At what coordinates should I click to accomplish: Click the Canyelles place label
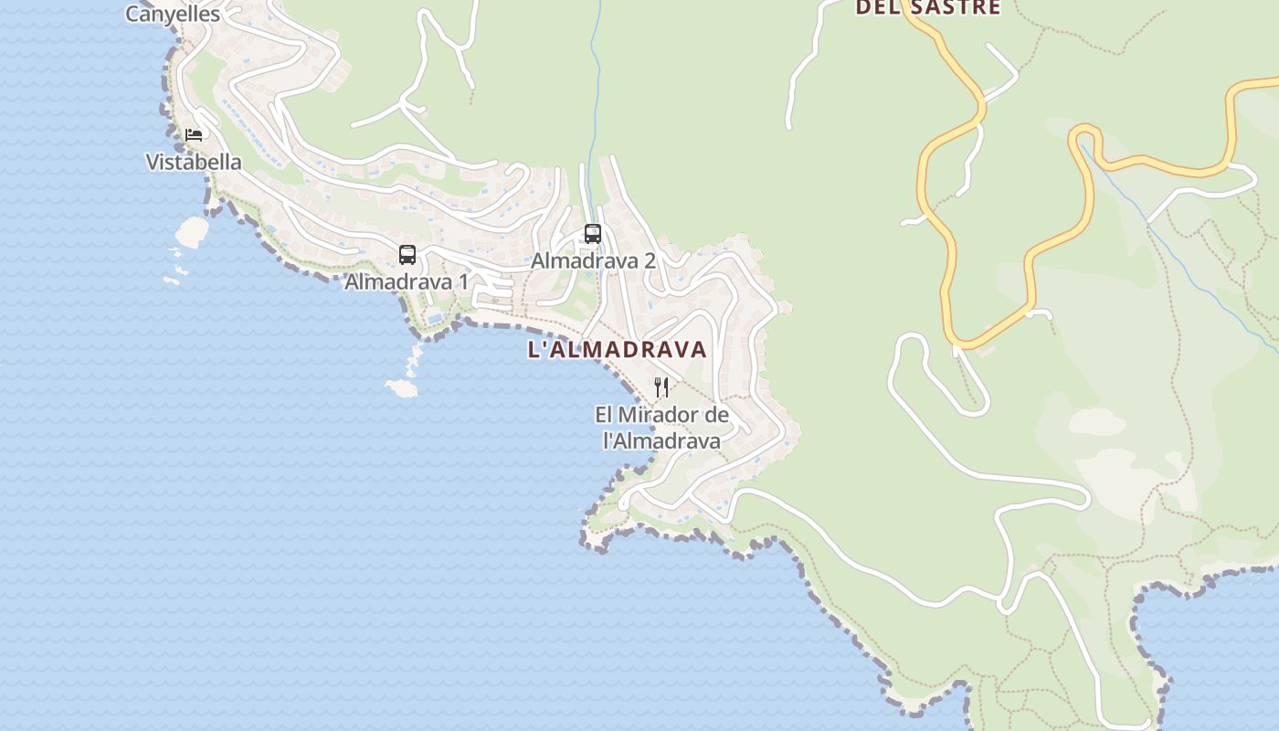tap(173, 14)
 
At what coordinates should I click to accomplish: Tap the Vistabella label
tap(194, 163)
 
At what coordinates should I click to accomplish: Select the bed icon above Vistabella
tap(194, 135)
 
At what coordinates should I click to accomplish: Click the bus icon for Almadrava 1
tap(407, 255)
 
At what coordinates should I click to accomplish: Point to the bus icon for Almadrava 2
tap(593, 234)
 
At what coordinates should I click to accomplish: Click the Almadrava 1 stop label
tap(406, 281)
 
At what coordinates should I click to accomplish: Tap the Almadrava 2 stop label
tap(593, 260)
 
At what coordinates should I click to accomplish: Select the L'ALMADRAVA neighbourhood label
tap(618, 349)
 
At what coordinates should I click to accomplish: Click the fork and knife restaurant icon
tap(661, 387)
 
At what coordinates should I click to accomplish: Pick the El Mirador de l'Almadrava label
tap(661, 428)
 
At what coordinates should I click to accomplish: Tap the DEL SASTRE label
tap(927, 8)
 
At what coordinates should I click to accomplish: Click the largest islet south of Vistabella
tap(193, 232)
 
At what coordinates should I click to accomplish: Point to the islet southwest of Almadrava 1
tap(402, 389)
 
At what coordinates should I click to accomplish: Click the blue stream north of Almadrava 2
tap(596, 73)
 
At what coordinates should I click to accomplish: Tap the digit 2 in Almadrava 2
tap(649, 260)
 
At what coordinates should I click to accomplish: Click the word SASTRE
tap(955, 8)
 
